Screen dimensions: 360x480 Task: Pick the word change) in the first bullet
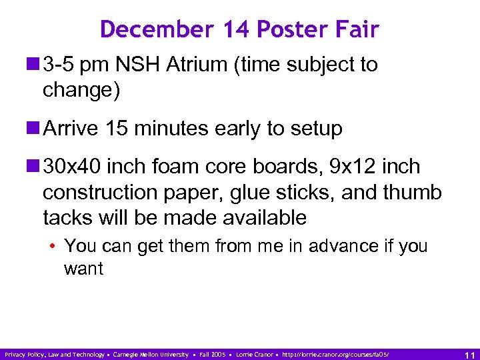click(81, 90)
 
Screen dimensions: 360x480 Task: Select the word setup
click(315, 129)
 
